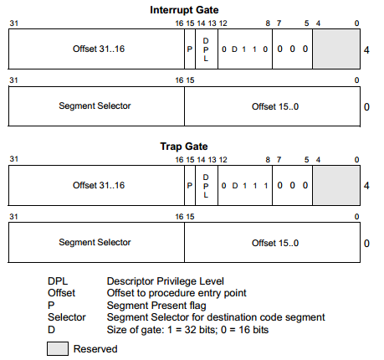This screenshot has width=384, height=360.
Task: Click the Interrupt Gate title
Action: pos(184,10)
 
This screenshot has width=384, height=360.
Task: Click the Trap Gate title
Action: pos(184,147)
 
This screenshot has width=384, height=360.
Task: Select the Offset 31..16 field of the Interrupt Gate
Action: pos(96,49)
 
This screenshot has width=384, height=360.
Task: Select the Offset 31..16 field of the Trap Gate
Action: pos(96,185)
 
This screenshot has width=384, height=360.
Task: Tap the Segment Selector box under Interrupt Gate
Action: pos(96,106)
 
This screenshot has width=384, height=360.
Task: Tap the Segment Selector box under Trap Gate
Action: pos(96,242)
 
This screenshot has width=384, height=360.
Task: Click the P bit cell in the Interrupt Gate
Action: pos(190,49)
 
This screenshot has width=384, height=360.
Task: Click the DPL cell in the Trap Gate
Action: pos(207,185)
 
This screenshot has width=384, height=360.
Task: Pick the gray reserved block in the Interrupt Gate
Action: pos(336,49)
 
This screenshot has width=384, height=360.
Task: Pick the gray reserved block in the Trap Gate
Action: pos(336,185)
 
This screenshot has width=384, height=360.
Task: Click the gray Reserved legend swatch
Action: pos(58,348)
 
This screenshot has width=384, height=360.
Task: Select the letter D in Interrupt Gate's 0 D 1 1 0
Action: pos(234,49)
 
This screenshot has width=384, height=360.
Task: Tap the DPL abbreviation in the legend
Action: pos(58,281)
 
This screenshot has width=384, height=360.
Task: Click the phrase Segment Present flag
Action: pos(156,306)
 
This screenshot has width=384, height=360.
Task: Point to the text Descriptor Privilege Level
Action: pos(166,281)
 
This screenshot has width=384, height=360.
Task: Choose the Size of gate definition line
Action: pos(187,330)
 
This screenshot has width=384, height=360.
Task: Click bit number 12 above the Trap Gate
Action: pos(223,160)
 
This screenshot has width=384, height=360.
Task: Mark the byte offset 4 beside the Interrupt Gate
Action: pos(366,50)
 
